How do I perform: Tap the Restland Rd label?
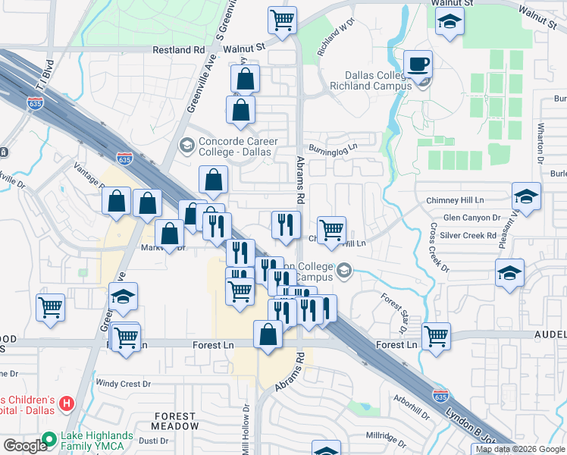179,50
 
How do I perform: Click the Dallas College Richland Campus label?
378,80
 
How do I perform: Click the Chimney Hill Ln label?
455,200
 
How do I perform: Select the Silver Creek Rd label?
469,236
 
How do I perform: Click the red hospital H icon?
67,403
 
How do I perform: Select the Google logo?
24,446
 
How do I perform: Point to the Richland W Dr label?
336,39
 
